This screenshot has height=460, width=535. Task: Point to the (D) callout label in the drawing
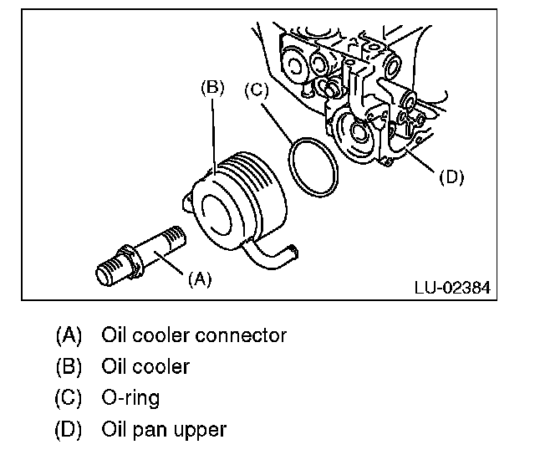(x=451, y=176)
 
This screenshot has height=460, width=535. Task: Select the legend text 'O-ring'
(x=130, y=398)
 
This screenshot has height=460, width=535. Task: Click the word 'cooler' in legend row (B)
(x=160, y=367)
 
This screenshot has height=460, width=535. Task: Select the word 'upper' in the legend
(x=202, y=430)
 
